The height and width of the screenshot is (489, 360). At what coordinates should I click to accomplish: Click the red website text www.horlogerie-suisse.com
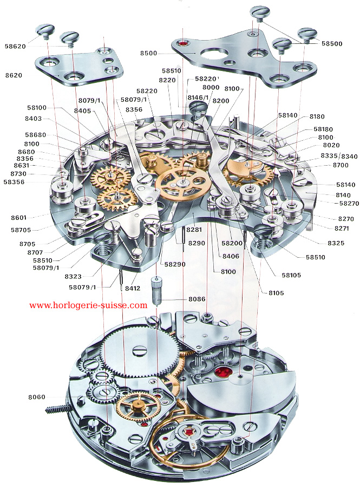[x=88, y=305]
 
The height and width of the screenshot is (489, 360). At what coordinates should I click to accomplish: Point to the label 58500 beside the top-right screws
[x=332, y=43]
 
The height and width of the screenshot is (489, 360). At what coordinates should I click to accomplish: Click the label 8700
[x=341, y=165]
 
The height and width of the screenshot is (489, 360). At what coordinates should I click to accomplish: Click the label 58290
[x=174, y=264]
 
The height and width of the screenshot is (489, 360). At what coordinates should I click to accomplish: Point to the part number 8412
[x=133, y=288]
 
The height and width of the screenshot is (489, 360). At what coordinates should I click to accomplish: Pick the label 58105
[x=290, y=275]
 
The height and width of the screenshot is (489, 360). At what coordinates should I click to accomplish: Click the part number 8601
[x=18, y=218]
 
